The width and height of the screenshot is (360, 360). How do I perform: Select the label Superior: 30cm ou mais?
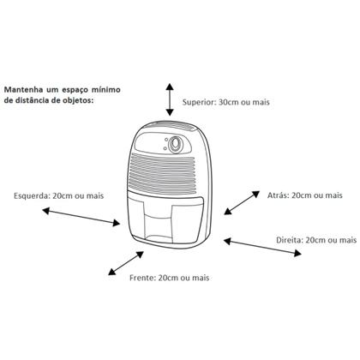pyautogui.click(x=226, y=102)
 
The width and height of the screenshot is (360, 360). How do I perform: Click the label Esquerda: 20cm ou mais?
pyautogui.click(x=58, y=195)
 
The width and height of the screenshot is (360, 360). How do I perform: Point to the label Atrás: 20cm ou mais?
pyautogui.click(x=305, y=195)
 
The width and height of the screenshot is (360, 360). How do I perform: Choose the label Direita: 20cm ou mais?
pyautogui.click(x=316, y=240)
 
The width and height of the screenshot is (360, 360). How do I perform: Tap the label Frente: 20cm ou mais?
pyautogui.click(x=170, y=278)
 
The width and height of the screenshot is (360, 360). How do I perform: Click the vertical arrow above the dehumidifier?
pyautogui.click(x=170, y=99)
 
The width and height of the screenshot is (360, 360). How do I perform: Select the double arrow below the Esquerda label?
pyautogui.click(x=81, y=217)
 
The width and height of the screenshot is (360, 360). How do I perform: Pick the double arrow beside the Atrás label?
pyautogui.click(x=242, y=202)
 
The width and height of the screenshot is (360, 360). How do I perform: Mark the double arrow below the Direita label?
pyautogui.click(x=262, y=247)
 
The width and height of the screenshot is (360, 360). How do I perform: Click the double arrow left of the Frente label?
pyautogui.click(x=126, y=263)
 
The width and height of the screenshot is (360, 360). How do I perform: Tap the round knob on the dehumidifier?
pyautogui.click(x=175, y=144)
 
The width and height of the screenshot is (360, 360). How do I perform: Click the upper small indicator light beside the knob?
pyautogui.click(x=165, y=140)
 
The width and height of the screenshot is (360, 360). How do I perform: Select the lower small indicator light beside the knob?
pyautogui.click(x=165, y=148)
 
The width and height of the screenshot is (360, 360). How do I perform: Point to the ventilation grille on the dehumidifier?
pyautogui.click(x=163, y=174)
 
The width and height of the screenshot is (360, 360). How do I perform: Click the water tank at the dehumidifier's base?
pyautogui.click(x=165, y=218)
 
